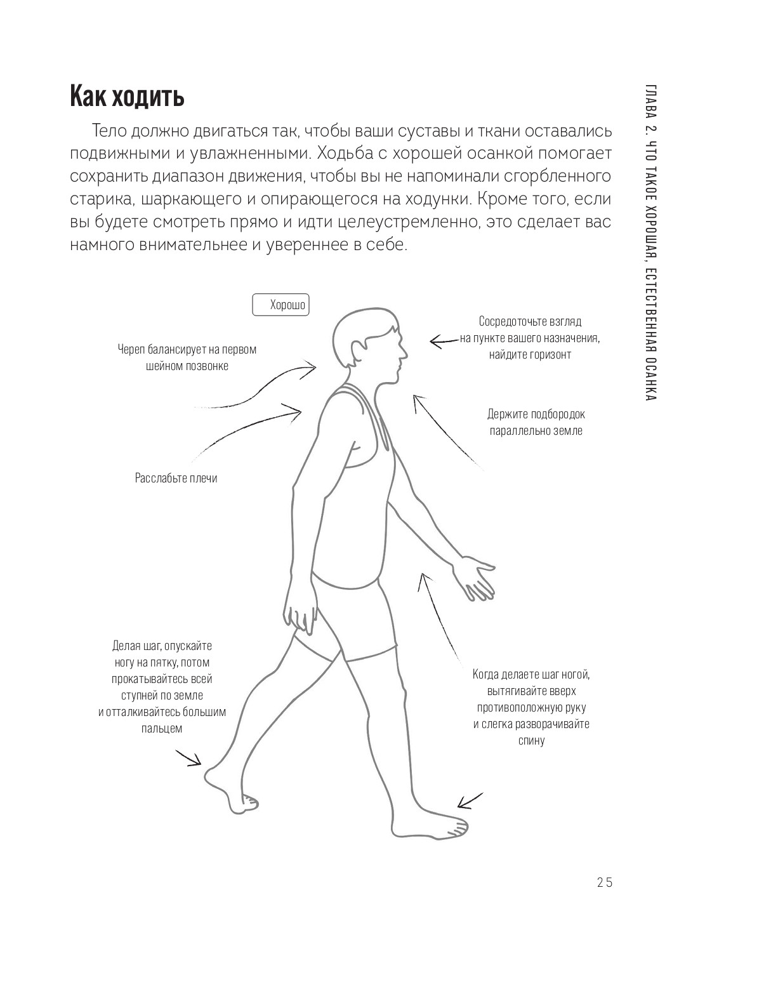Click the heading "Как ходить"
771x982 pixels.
(x=127, y=97)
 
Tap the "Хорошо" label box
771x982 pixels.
(x=284, y=305)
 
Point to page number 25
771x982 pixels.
(x=604, y=883)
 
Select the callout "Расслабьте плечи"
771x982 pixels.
(x=176, y=478)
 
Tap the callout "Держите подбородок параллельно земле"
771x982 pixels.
(x=536, y=422)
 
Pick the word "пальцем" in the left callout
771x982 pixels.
(x=162, y=728)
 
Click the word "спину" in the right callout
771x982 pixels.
(x=532, y=740)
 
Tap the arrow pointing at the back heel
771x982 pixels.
(x=188, y=758)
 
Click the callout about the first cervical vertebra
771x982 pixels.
(x=187, y=357)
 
